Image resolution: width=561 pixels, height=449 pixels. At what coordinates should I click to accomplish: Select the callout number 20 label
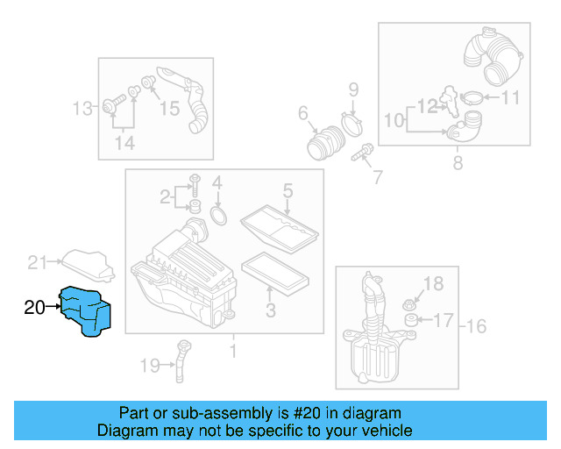click(x=34, y=307)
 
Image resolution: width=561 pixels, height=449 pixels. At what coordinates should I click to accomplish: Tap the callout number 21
click(x=36, y=261)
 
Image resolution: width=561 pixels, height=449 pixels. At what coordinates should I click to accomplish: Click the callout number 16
click(x=475, y=327)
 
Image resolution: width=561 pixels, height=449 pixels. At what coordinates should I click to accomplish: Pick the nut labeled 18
click(x=408, y=304)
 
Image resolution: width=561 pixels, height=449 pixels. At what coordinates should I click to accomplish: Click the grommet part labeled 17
click(x=408, y=330)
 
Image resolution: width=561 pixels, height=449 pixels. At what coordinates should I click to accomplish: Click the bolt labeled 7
click(x=360, y=156)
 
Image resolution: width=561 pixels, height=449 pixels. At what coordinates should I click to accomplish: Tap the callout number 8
click(x=457, y=163)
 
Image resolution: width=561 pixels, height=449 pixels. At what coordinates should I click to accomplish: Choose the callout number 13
click(x=82, y=109)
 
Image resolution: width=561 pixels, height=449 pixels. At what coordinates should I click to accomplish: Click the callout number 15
click(x=168, y=108)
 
